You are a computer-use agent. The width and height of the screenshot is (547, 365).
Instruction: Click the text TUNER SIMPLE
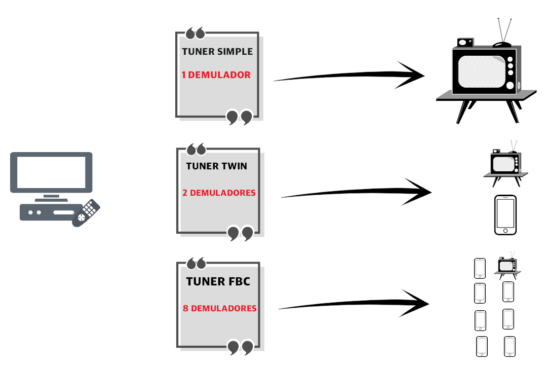coord(217,52)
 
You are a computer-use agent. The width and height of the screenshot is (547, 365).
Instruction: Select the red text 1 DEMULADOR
coord(216,75)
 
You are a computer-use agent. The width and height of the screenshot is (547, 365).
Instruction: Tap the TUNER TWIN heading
coord(217,166)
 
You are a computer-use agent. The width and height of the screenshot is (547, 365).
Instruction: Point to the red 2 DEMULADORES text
coord(219,193)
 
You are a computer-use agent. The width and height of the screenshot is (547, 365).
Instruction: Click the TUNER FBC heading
coord(218,281)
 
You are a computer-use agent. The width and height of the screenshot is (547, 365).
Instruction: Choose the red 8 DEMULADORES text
coord(220,308)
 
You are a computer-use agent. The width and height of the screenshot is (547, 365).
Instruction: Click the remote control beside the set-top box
coord(86,212)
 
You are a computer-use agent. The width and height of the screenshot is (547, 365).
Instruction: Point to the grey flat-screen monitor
coord(51,172)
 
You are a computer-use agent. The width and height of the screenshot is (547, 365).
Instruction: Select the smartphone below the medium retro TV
coord(505,215)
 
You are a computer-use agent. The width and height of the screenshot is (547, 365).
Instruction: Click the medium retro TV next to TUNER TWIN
coord(505,164)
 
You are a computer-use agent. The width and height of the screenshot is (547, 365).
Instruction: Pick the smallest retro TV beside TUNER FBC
coord(507,266)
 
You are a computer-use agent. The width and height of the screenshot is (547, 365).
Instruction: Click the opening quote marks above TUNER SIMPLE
coord(196,33)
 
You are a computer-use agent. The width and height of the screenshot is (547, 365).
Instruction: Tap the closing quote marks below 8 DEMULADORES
coord(240,347)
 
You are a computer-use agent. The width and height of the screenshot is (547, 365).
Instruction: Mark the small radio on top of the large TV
coord(465,43)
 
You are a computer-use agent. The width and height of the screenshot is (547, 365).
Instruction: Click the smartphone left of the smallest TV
coord(480,268)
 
